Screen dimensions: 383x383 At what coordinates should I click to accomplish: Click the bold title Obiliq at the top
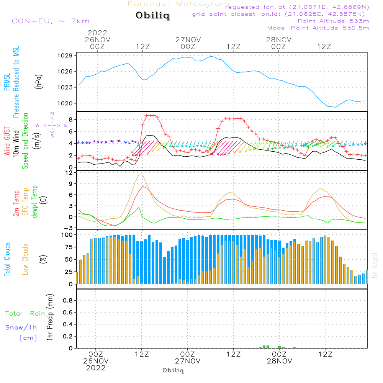click(152, 16)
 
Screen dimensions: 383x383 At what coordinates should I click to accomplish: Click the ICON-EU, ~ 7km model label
click(49, 21)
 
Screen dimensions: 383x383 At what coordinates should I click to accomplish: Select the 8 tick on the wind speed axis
click(70, 119)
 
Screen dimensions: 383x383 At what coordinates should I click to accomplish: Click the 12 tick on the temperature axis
click(69, 173)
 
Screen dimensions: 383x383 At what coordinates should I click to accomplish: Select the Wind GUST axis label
click(7, 142)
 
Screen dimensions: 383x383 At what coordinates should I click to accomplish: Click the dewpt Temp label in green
click(34, 202)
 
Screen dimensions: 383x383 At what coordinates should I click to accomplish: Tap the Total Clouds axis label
click(7, 259)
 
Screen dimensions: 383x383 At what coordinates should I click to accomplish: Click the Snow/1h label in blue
click(21, 327)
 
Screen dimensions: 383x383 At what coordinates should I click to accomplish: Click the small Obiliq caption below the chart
click(173, 370)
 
